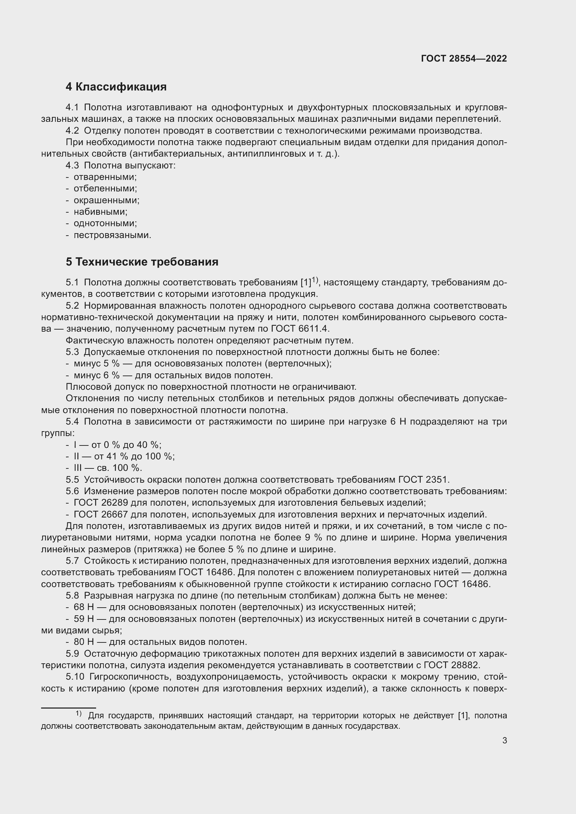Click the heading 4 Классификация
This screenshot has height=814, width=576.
116,87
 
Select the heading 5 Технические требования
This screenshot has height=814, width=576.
142,262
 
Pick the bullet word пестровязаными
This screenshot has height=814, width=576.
112,235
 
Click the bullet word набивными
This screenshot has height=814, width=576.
100,212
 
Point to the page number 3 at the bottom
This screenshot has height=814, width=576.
504,741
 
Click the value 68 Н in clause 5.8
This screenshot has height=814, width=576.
84,607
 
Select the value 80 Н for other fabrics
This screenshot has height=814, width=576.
84,642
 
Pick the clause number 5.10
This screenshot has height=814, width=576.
75,677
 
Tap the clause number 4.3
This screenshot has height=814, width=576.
72,166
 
